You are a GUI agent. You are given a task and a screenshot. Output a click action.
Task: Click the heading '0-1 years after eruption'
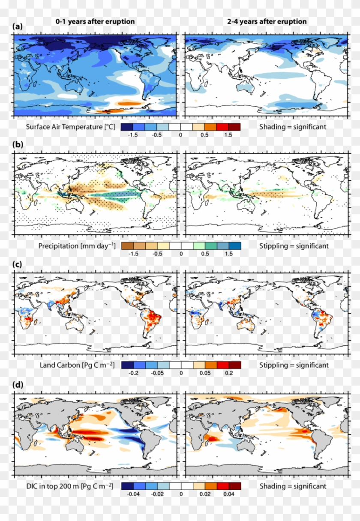[x=95, y=21]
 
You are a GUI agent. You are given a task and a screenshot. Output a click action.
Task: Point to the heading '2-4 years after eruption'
[x=267, y=21]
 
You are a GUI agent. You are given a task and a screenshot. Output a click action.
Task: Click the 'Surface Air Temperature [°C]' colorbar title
[x=70, y=127]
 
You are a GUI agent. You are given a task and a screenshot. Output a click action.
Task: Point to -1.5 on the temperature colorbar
[x=133, y=135]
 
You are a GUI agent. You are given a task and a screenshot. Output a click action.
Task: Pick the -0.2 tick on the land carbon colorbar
[x=133, y=373]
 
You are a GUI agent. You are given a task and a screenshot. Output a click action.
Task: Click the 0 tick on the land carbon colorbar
[x=180, y=373]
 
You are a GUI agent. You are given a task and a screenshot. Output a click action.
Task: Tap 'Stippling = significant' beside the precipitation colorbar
[x=294, y=246]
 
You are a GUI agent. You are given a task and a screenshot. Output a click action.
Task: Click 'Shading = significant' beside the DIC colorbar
[x=293, y=486]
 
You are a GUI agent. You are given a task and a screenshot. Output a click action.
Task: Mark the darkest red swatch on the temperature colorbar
[x=234, y=127]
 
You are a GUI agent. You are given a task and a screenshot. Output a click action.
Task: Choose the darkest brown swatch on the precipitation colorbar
[x=127, y=246]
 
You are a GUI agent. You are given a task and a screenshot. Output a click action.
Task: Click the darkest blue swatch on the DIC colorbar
[x=127, y=486]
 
